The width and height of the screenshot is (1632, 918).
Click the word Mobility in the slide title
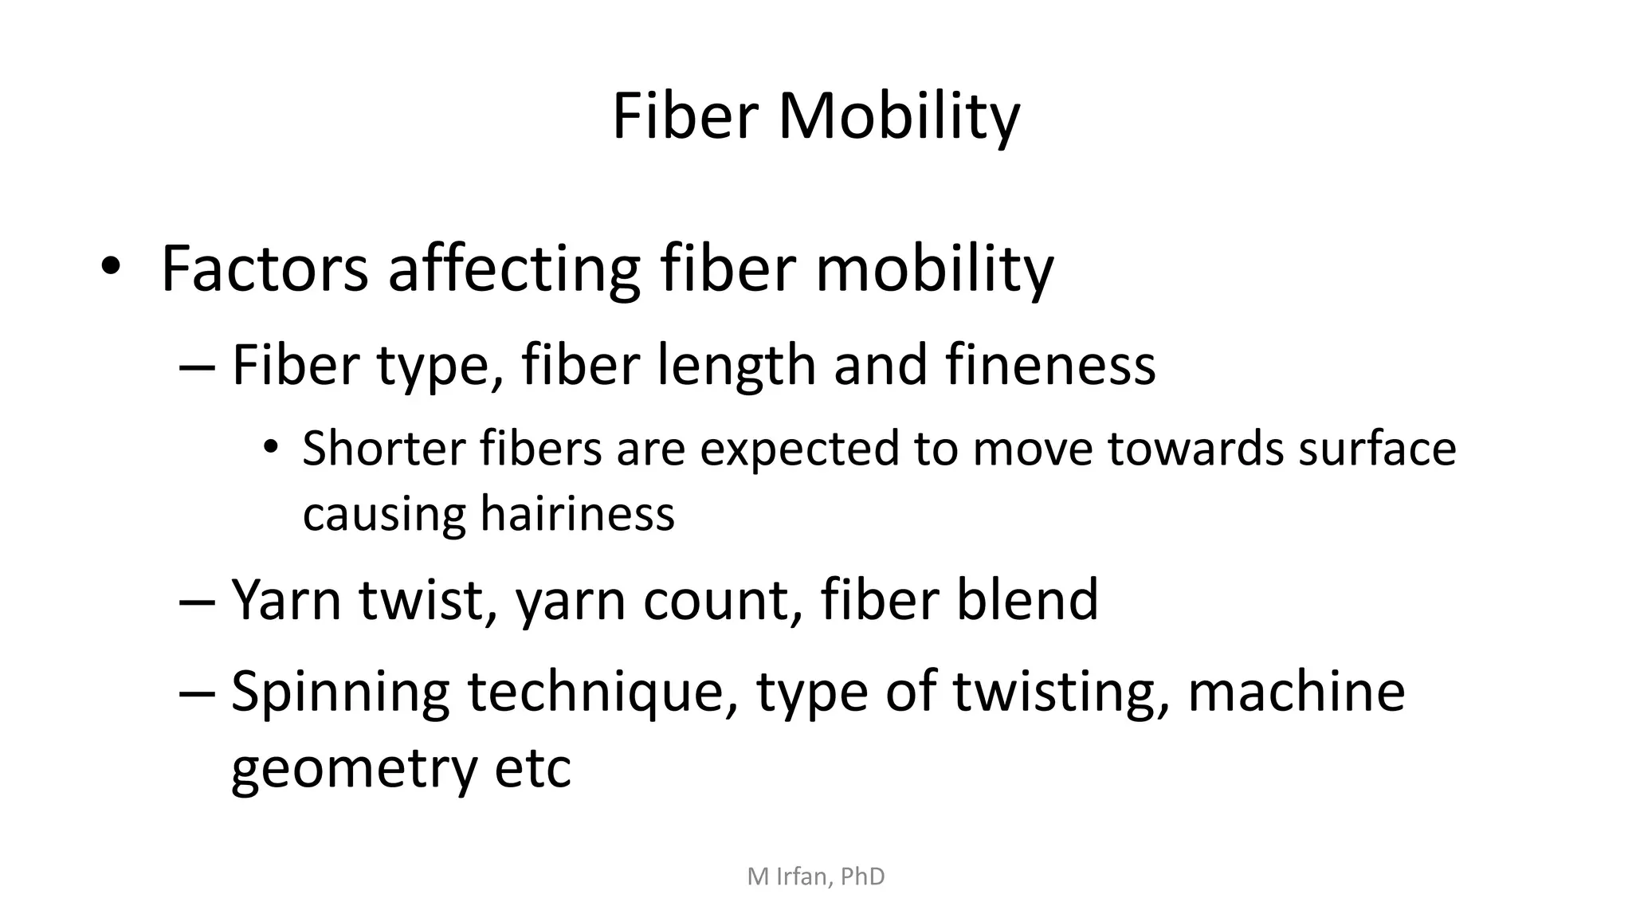coord(898,117)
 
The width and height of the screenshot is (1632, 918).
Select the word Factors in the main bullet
coord(265,269)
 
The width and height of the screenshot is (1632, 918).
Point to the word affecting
coord(513,269)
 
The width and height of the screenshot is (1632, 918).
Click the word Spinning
coord(340,692)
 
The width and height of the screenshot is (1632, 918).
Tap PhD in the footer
coord(862,877)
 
